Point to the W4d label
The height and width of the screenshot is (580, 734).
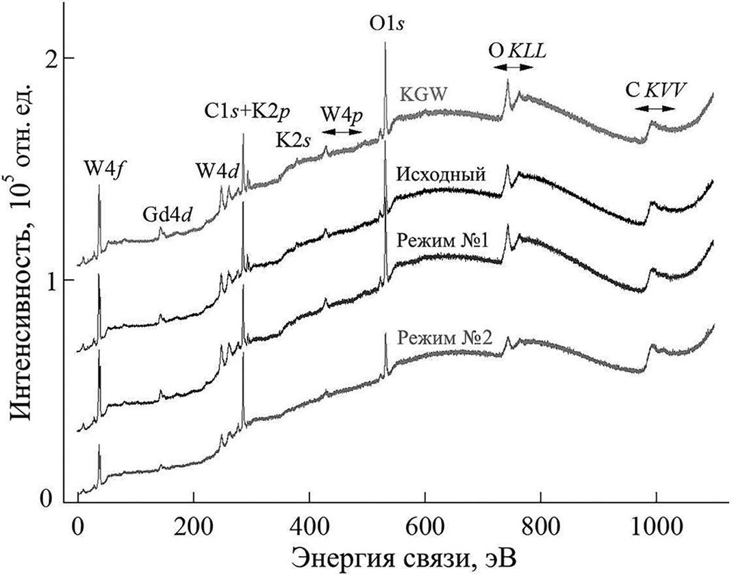[x=217, y=170]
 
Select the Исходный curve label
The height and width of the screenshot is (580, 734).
[x=441, y=175]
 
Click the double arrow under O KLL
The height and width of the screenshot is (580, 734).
[x=513, y=67]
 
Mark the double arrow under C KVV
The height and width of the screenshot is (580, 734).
[x=659, y=108]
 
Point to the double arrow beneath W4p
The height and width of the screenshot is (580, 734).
[x=342, y=132]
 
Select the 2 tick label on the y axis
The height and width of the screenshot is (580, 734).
[x=49, y=59]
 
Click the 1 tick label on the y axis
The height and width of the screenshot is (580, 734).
[x=49, y=280]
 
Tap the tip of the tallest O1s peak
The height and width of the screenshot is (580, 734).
[x=385, y=43]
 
